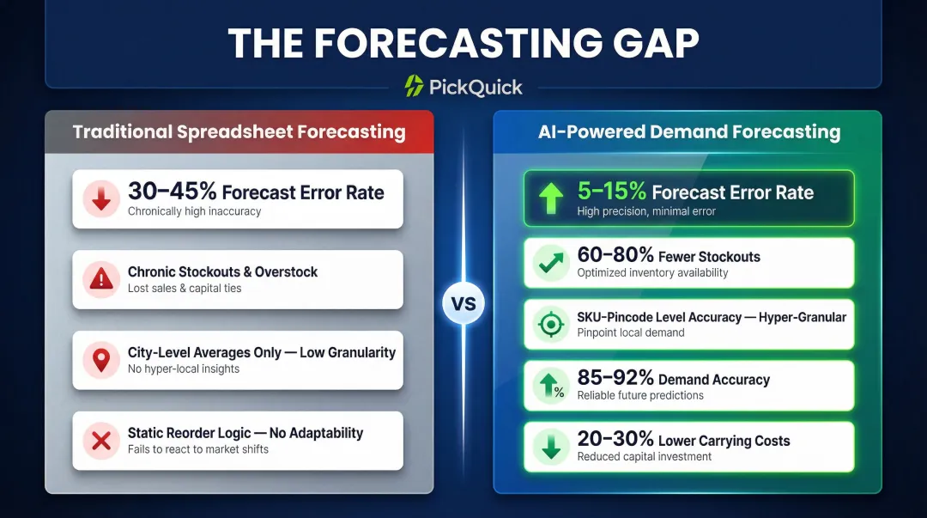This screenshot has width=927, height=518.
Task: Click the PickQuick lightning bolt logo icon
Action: coord(415,86)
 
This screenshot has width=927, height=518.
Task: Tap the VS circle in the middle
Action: coord(463,303)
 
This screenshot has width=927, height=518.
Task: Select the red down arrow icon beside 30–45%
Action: coord(101,199)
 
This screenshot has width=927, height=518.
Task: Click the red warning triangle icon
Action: coord(101,279)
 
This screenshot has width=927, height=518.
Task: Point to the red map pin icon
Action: coord(101,360)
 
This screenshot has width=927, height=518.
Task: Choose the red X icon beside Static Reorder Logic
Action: coord(101,441)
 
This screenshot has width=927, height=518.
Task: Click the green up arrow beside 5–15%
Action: coord(550,199)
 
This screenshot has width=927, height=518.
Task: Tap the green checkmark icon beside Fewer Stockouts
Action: coord(550,264)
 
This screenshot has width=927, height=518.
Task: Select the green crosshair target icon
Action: coord(550,325)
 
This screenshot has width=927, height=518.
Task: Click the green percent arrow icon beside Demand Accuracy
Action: coord(550,387)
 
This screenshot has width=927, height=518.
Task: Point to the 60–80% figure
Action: coord(615,255)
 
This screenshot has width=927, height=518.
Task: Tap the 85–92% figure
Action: coord(615,379)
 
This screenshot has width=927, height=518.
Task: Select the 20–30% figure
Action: coord(615,440)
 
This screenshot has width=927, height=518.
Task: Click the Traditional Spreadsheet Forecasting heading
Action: coord(239,132)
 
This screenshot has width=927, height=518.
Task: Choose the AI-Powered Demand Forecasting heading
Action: coord(689,132)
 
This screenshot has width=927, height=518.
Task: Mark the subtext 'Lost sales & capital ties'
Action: coord(185,289)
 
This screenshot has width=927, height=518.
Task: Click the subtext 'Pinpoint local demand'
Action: coord(631,332)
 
